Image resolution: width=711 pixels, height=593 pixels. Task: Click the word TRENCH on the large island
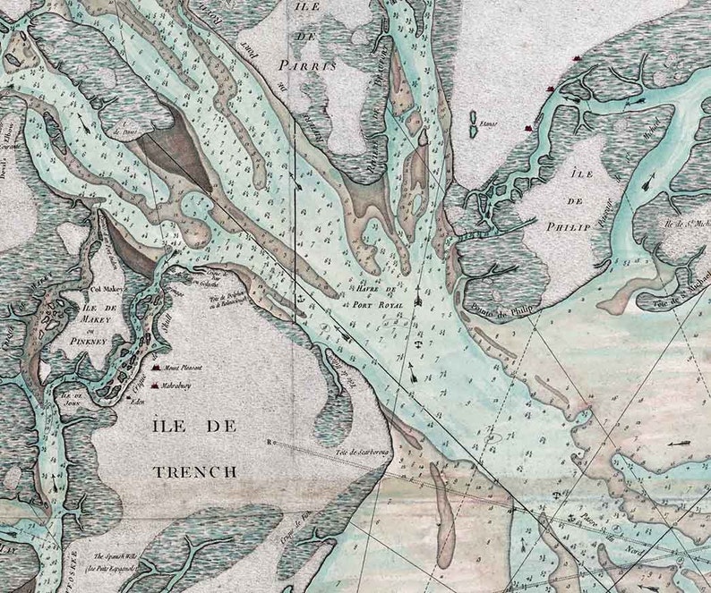(195, 471)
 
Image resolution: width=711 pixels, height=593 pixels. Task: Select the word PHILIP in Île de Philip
(566, 227)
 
